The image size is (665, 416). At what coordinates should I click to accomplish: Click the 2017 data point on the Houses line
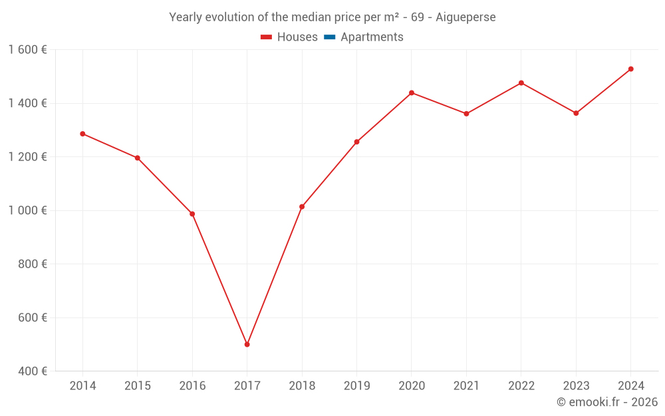[x=247, y=345]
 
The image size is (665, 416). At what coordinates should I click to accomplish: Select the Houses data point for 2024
[x=630, y=69]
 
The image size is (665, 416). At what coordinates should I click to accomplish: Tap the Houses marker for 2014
[x=82, y=134]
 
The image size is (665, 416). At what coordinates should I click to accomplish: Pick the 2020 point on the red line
[x=412, y=93]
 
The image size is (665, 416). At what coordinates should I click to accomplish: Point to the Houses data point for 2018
[x=302, y=207]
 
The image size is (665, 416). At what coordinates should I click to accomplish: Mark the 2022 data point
[x=521, y=83]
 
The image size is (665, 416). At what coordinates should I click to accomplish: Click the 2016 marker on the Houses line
[x=192, y=214]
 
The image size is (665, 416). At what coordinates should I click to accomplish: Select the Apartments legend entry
[x=372, y=37]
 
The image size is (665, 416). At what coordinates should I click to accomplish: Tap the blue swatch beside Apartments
[x=329, y=37]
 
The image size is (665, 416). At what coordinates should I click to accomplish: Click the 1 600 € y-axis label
[x=27, y=50]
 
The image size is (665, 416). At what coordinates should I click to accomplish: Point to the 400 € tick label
[x=33, y=371]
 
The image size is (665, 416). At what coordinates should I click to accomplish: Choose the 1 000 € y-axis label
[x=27, y=210]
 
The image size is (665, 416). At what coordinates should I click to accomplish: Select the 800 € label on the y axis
[x=33, y=264]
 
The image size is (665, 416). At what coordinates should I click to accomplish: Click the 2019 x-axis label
[x=356, y=386]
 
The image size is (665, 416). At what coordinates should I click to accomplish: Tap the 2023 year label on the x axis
[x=576, y=386]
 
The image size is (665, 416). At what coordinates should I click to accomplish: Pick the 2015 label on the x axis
[x=138, y=386]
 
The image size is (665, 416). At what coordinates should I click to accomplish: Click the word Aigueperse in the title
[x=468, y=17]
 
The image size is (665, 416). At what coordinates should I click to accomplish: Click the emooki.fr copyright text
[x=606, y=402]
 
